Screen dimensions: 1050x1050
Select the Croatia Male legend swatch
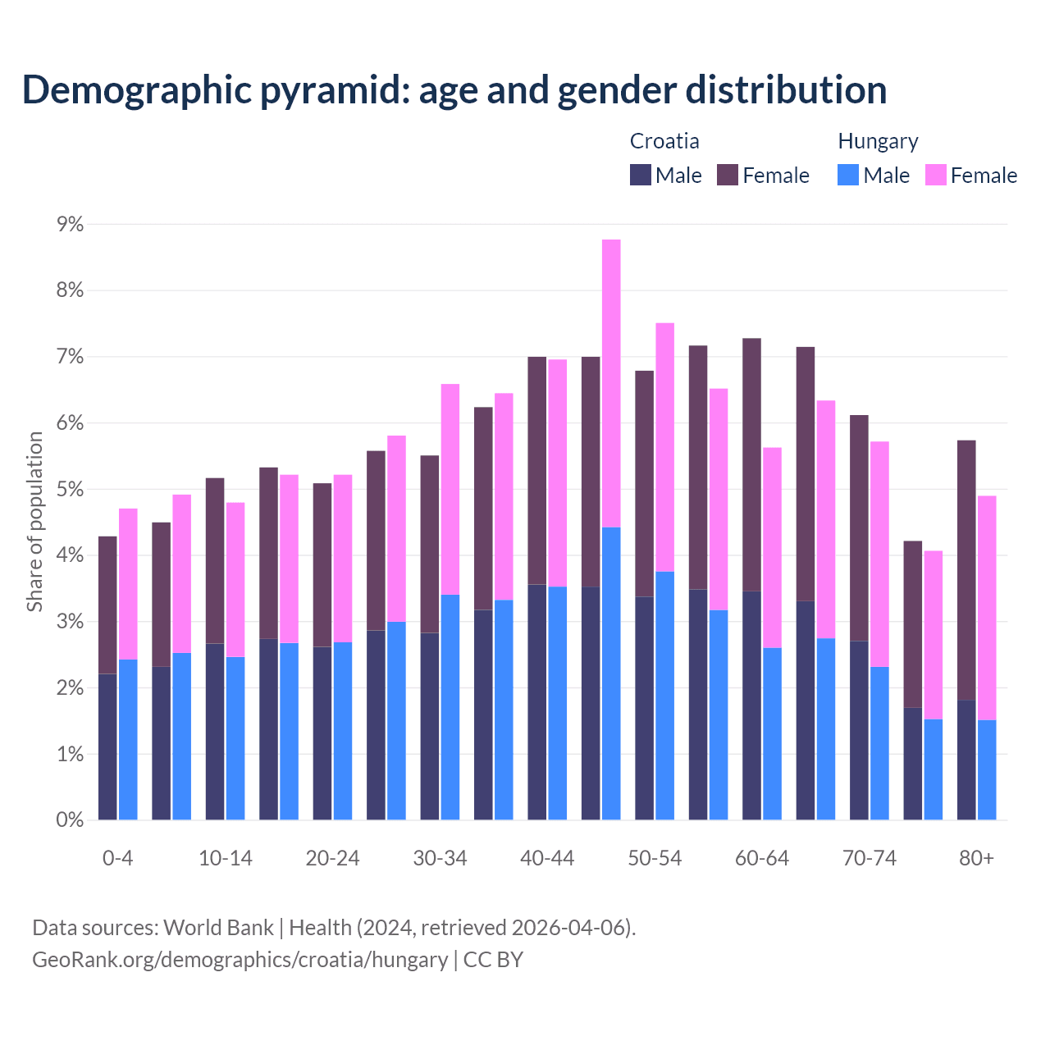click(x=641, y=175)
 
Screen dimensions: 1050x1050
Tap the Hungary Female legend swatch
click(x=935, y=175)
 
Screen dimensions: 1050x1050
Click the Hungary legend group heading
click(x=878, y=141)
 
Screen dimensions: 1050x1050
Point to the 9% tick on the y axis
click(x=70, y=224)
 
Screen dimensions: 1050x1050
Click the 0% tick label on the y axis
click(x=70, y=819)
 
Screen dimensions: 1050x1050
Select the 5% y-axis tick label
click(x=70, y=489)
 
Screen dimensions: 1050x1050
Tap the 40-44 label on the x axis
click(x=547, y=858)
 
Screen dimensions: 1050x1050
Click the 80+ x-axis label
click(x=976, y=858)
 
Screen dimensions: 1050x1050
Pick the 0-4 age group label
click(x=117, y=858)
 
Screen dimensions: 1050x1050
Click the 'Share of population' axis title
click(x=34, y=522)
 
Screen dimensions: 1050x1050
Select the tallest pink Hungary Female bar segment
click(x=611, y=383)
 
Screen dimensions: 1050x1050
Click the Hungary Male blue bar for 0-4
click(x=128, y=739)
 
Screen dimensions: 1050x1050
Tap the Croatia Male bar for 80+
click(x=966, y=760)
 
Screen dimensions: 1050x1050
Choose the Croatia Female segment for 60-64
click(x=751, y=464)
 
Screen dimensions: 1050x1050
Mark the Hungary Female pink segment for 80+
click(x=987, y=608)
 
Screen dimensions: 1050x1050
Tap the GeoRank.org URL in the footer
click(x=240, y=960)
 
